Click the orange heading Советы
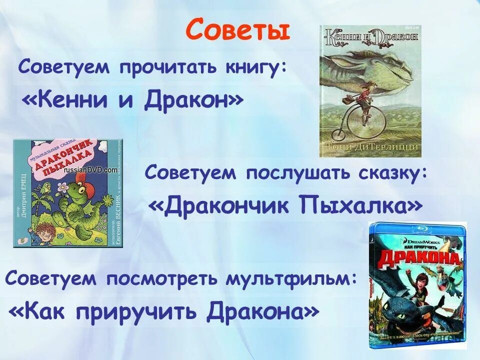pos(237,30)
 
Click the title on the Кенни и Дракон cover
pos(370,37)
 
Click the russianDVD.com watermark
pos(90,169)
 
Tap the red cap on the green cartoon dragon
pos(95,177)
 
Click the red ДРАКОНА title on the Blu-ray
pos(420,257)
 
